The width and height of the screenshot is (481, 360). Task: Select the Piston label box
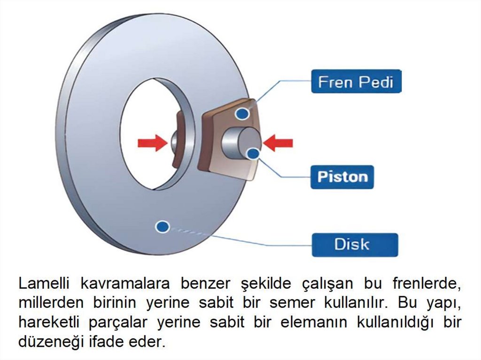[x=342, y=177]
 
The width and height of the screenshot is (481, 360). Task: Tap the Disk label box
[x=355, y=245]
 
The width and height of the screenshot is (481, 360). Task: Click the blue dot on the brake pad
[x=242, y=113]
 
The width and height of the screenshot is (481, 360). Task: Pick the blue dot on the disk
[x=163, y=226]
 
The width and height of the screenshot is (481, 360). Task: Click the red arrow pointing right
[x=152, y=142]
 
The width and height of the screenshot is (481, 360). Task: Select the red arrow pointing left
[x=278, y=142]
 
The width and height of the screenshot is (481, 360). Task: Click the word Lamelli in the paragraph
[x=46, y=283]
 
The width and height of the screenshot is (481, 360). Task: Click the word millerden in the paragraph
[x=50, y=303]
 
